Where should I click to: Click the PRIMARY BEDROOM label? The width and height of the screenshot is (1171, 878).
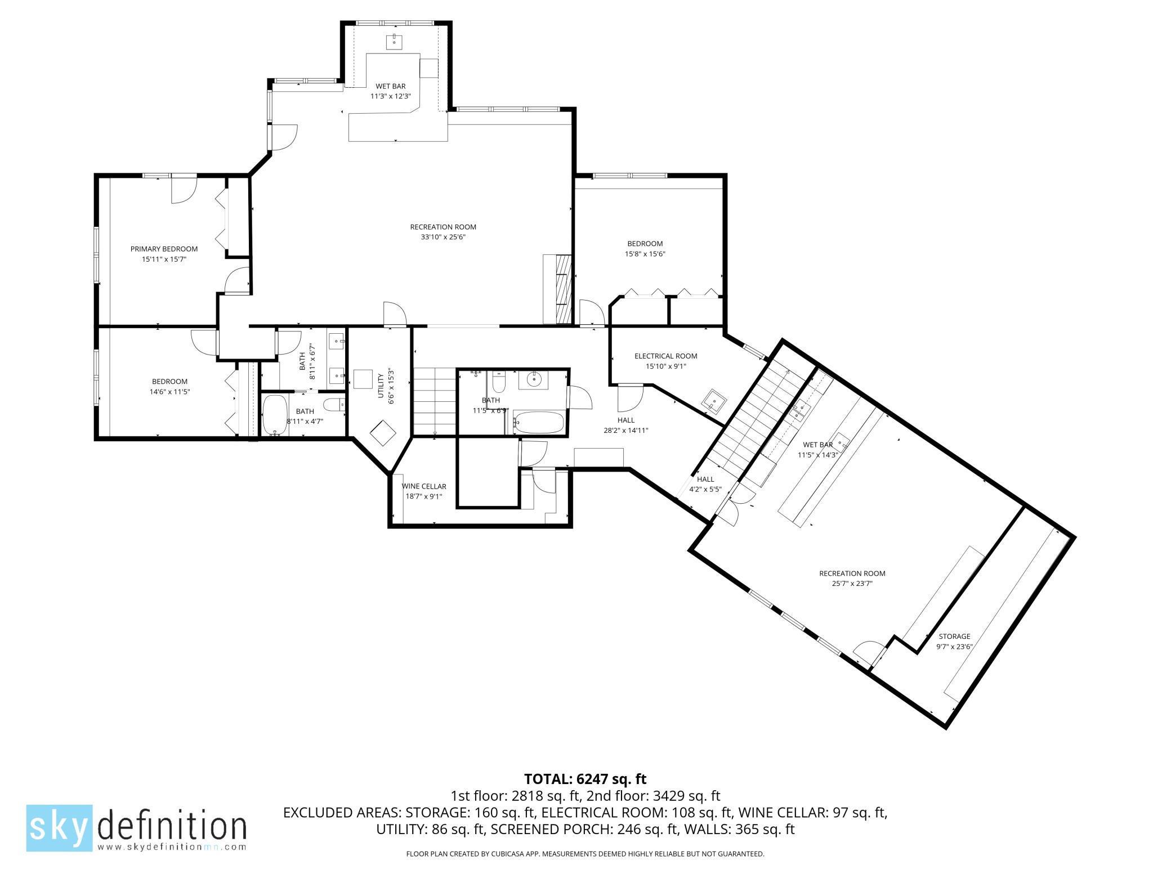click(x=164, y=249)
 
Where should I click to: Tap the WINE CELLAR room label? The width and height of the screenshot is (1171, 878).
click(x=423, y=486)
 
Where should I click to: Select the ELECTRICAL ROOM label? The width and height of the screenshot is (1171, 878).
click(x=665, y=356)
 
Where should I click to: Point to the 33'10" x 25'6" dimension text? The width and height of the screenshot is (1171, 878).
click(x=443, y=237)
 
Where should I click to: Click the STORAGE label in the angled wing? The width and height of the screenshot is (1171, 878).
click(x=954, y=637)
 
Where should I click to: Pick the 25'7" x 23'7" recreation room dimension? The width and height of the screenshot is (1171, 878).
click(x=852, y=584)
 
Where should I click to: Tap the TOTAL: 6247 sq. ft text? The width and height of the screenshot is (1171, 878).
click(x=585, y=779)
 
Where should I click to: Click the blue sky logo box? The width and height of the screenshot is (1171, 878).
click(x=59, y=827)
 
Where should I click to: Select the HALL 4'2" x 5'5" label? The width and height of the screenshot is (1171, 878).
click(x=705, y=484)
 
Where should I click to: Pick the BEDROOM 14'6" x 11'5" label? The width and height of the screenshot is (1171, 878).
click(x=169, y=386)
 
